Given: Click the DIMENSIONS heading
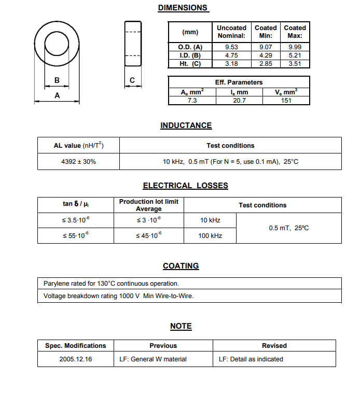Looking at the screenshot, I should (183, 8).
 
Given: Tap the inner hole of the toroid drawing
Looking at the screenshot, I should (57, 43).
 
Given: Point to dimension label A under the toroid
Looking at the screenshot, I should (57, 96).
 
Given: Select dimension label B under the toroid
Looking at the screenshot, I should (57, 80).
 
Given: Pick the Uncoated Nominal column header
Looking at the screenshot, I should (231, 32).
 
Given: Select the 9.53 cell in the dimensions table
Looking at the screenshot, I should (231, 47).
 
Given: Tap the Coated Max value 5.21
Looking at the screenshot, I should (295, 55).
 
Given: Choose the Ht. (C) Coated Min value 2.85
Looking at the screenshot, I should (266, 64).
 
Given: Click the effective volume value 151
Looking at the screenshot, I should (286, 101).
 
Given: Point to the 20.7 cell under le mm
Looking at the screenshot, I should (239, 101).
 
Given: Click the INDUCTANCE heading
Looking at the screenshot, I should (186, 125).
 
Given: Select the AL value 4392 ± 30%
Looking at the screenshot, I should (78, 162).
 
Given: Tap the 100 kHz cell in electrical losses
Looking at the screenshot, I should (210, 236).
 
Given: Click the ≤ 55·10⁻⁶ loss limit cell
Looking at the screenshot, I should (76, 236).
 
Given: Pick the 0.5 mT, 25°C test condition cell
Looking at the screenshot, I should (288, 228).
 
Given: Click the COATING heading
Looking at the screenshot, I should (181, 266).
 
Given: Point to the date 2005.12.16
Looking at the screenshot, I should (76, 359).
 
